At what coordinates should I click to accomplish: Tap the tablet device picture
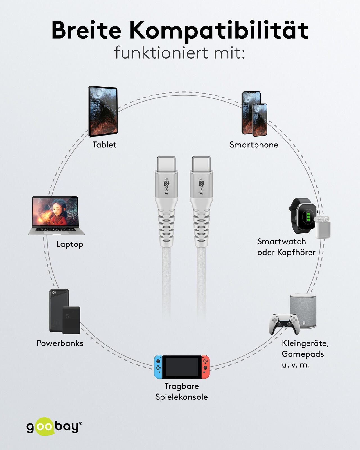(103, 111)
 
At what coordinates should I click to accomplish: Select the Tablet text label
(104, 145)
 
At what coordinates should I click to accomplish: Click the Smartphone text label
(254, 145)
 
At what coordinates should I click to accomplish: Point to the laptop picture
(56, 215)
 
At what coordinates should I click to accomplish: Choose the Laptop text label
(70, 244)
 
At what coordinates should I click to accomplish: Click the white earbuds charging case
(322, 228)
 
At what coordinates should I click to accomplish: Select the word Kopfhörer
(296, 252)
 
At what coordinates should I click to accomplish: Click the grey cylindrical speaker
(303, 311)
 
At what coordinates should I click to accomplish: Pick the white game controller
(283, 324)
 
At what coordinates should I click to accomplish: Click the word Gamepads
(303, 354)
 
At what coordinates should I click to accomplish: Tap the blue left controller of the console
(158, 367)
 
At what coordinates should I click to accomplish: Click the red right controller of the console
(205, 367)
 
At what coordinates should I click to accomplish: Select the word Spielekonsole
(182, 397)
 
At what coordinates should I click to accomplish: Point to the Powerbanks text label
(60, 343)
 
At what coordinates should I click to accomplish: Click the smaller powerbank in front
(71, 320)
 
